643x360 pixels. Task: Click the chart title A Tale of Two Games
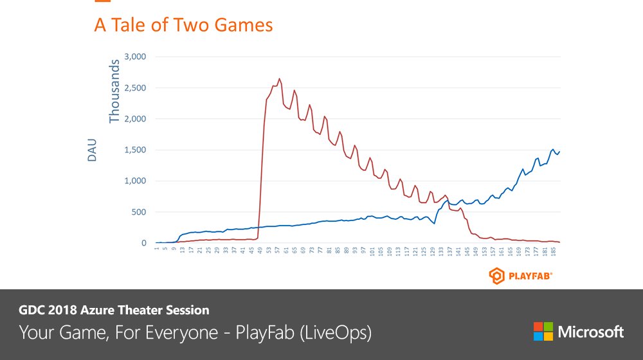183,25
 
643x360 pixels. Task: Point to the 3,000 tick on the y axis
134,57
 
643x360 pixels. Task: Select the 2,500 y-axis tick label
134,88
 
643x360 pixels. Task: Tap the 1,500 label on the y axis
134,150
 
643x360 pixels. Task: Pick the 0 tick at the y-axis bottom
144,243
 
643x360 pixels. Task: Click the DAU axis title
91,150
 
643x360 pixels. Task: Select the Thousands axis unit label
114,91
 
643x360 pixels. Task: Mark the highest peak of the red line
279,78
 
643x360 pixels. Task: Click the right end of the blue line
559,152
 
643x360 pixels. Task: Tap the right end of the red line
559,242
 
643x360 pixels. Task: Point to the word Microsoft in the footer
590,332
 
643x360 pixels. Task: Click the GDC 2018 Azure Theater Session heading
114,310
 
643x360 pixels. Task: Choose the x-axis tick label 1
156,248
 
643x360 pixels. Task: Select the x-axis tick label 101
372,251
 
